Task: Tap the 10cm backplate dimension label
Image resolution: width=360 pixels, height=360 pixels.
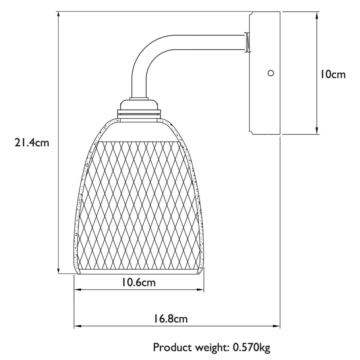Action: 333,74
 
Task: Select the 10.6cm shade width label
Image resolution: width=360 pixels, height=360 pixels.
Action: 139,282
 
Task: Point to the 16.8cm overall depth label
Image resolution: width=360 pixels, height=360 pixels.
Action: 171,319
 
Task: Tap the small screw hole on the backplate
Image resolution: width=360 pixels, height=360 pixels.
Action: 271,73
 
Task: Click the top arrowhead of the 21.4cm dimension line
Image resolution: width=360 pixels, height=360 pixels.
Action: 59,15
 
